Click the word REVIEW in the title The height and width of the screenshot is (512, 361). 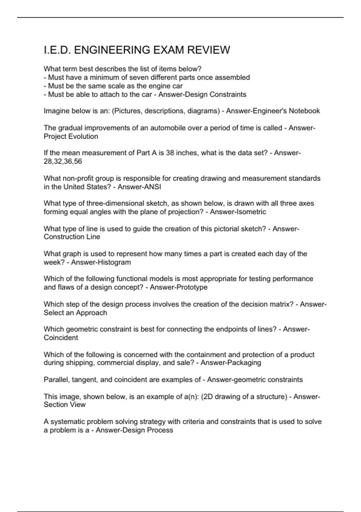(x=208, y=50)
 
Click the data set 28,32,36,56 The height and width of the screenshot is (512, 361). (x=63, y=161)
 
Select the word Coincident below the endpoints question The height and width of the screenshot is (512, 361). (x=61, y=338)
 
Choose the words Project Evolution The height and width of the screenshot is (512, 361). (x=71, y=136)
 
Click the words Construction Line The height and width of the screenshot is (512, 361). (x=72, y=237)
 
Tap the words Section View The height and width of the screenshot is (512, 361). (x=65, y=405)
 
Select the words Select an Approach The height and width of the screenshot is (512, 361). (x=76, y=313)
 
